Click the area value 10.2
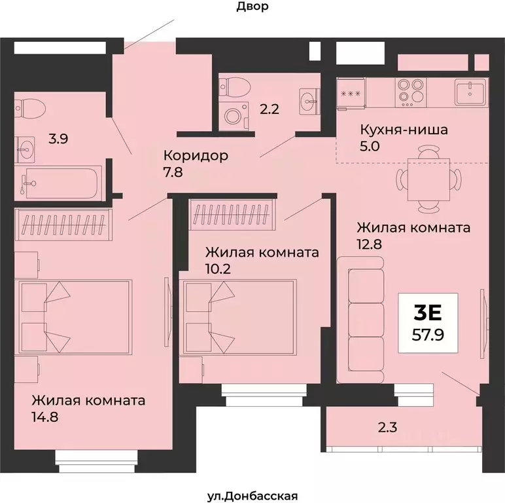click(x=218, y=268)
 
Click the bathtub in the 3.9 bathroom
click(x=59, y=181)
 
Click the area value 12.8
click(x=369, y=244)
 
